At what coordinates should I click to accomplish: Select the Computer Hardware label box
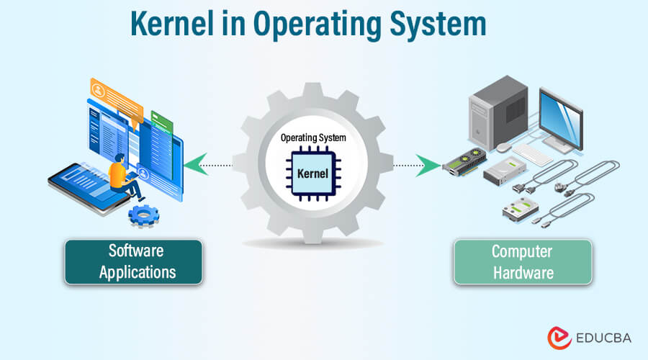pyautogui.click(x=522, y=261)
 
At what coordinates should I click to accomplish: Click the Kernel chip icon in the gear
pyautogui.click(x=312, y=174)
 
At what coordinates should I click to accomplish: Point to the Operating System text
pyautogui.click(x=312, y=138)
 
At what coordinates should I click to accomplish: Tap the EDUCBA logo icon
pyautogui.click(x=557, y=337)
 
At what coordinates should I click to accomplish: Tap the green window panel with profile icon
pyautogui.click(x=163, y=137)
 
